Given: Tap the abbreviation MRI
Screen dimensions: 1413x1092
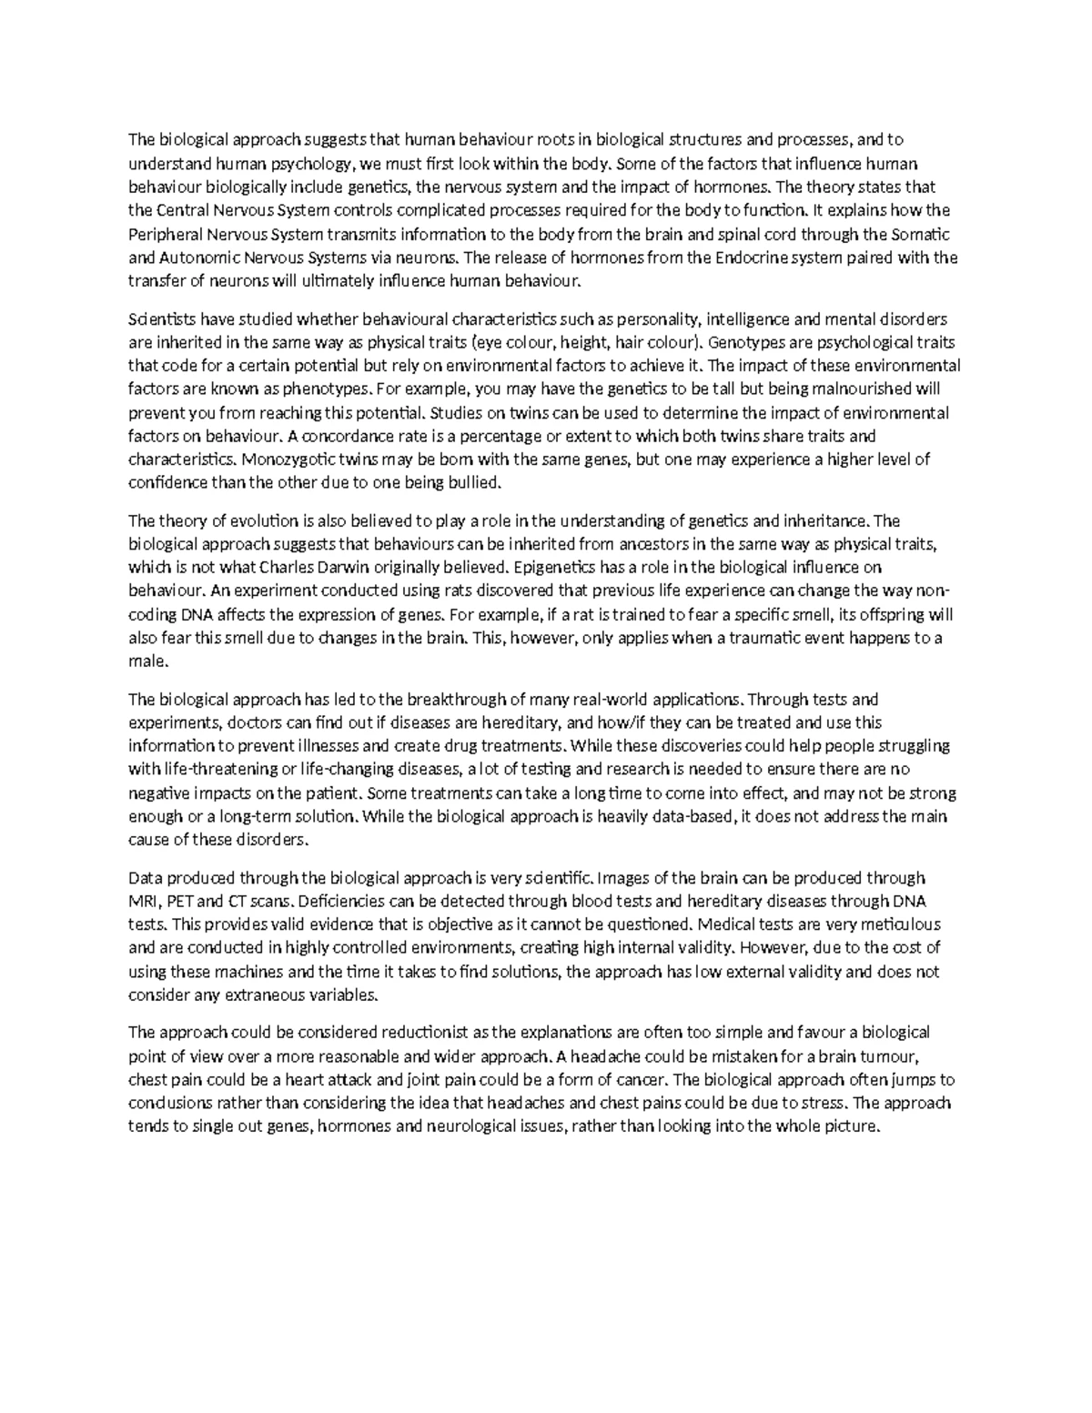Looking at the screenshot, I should point(142,902).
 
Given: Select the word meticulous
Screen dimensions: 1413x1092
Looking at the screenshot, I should point(907,924).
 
